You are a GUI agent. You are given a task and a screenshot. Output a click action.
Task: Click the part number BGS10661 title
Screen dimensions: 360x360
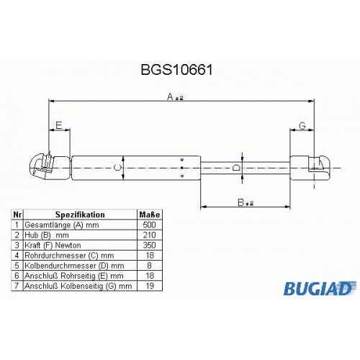click(x=176, y=70)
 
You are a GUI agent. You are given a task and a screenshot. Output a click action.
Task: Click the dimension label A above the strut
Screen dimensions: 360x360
click(x=170, y=96)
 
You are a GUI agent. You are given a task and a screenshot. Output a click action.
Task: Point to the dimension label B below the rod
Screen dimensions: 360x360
click(x=240, y=202)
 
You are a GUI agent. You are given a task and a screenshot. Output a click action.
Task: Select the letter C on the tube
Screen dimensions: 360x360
click(x=117, y=168)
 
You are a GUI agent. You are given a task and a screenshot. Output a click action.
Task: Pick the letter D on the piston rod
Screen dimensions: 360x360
click(x=236, y=167)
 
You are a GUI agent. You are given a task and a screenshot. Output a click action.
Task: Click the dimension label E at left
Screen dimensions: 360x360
click(x=59, y=125)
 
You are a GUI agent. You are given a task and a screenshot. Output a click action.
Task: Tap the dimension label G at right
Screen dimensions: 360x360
click(x=302, y=125)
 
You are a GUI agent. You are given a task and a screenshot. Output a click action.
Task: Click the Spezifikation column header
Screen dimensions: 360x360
click(x=80, y=215)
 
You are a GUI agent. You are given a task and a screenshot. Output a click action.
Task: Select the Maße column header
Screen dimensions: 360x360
click(x=150, y=215)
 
